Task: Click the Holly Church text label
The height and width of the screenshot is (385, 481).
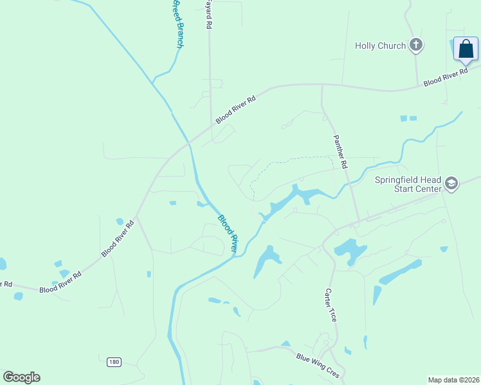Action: tap(381, 46)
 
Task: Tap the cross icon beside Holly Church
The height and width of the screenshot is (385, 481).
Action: tap(417, 45)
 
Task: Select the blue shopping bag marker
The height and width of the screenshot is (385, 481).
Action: tap(466, 49)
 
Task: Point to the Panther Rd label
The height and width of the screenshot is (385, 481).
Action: tap(340, 151)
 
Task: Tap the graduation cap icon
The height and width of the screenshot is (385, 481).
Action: tap(451, 184)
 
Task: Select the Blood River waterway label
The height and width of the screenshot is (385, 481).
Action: tap(228, 232)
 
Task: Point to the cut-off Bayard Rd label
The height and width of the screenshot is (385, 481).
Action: tap(208, 15)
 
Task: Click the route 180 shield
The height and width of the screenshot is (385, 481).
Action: tap(114, 363)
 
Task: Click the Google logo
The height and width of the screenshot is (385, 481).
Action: tap(21, 377)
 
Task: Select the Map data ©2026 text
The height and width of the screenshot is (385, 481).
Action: tap(453, 380)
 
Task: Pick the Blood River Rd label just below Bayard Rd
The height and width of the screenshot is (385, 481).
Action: tap(236, 109)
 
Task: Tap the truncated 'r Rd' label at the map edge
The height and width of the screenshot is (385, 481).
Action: tap(6, 284)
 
